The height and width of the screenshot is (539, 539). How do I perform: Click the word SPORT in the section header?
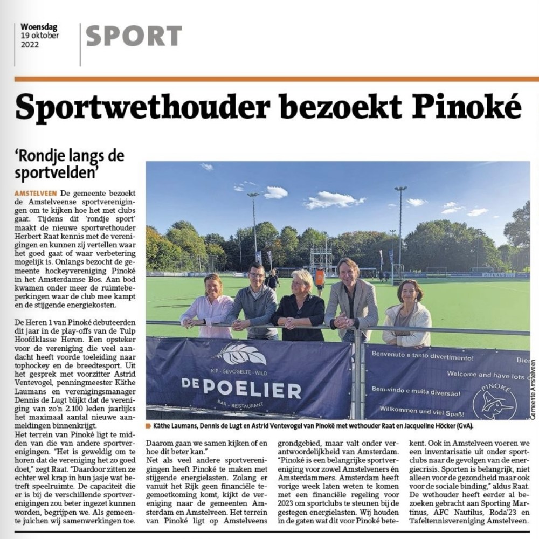134,36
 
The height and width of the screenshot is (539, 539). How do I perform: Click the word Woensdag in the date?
39,26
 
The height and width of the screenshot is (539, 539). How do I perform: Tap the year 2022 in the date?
30,46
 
